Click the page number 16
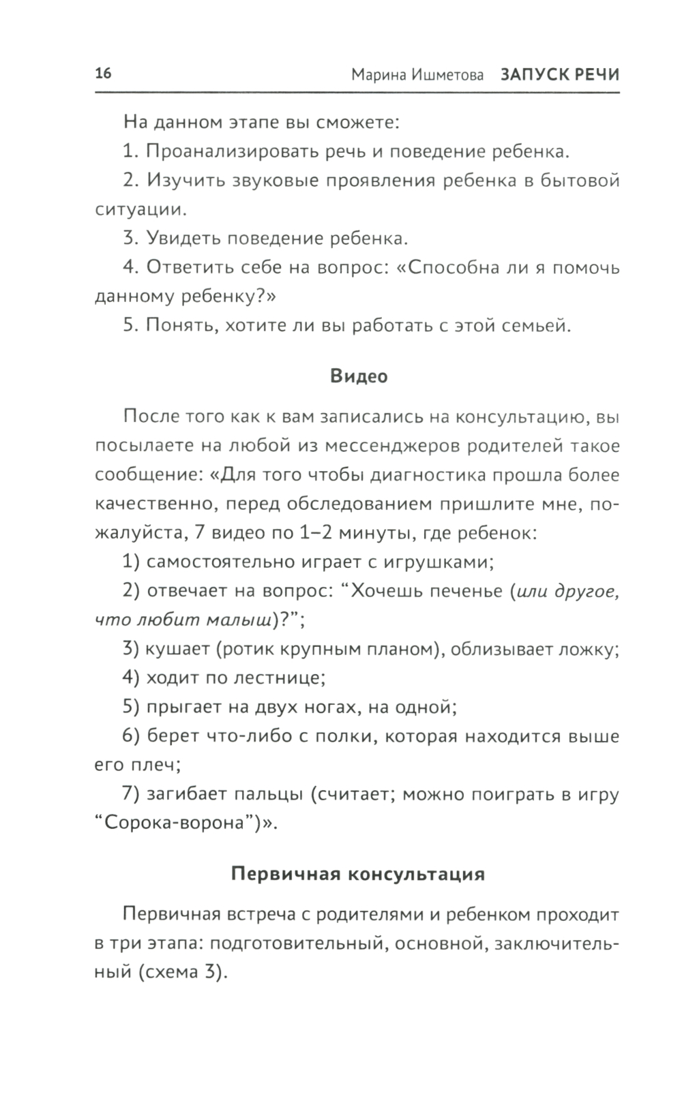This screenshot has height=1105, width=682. point(103,74)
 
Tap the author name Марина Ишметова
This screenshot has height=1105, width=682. point(417,75)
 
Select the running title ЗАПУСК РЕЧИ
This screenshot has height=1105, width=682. point(560,75)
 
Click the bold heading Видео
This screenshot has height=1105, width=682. point(359,376)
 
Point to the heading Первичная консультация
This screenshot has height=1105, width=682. point(358,874)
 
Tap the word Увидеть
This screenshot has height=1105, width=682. point(183,239)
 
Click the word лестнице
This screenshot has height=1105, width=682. point(279,678)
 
